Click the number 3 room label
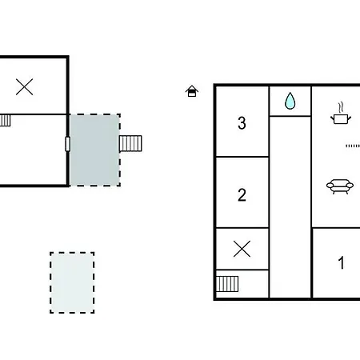click(242, 123)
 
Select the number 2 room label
click(242, 194)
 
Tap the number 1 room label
click(341, 262)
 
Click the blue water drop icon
click(290, 101)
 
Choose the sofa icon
click(340, 186)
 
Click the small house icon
click(192, 91)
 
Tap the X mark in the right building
click(242, 249)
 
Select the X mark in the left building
click(25, 86)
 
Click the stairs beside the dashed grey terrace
click(130, 143)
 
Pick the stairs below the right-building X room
click(227, 284)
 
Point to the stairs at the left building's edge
click(5, 120)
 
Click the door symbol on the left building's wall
click(68, 144)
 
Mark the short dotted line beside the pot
click(353, 146)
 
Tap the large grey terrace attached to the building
click(95, 150)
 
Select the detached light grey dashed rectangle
click(72, 282)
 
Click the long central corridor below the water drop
click(290, 207)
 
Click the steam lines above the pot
click(340, 107)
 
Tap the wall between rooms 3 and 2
click(242, 157)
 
